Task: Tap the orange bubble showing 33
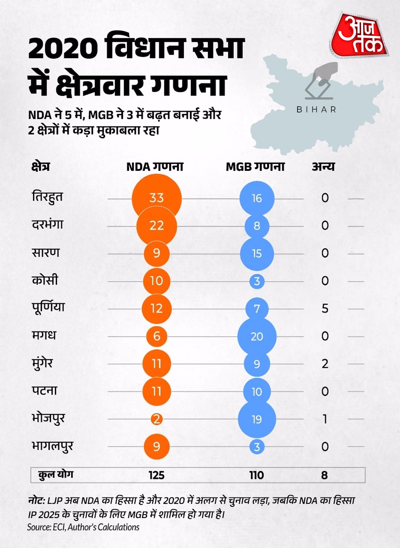click(x=157, y=198)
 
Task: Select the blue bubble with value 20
click(x=257, y=337)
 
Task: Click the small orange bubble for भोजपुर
click(x=157, y=419)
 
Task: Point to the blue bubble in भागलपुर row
click(x=257, y=447)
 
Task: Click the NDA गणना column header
click(x=155, y=167)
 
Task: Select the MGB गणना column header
click(x=255, y=167)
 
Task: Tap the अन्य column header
click(x=323, y=167)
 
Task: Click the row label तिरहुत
click(x=47, y=197)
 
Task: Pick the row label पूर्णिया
click(x=48, y=307)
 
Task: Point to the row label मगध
click(x=44, y=335)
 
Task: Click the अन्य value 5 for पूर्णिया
click(x=325, y=309)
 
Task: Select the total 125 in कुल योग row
click(x=156, y=475)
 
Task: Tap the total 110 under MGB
click(x=256, y=475)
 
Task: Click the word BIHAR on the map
click(x=316, y=110)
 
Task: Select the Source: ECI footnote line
click(x=83, y=527)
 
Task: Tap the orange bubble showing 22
click(x=157, y=226)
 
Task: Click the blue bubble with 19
click(x=257, y=419)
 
